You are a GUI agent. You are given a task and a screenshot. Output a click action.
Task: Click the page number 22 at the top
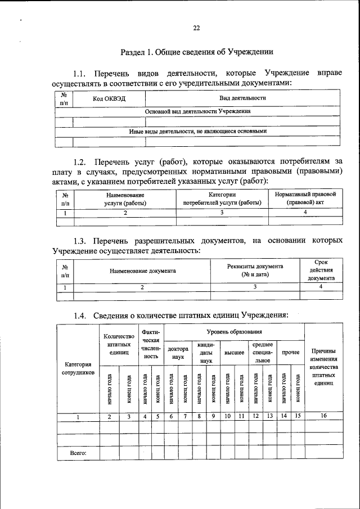(x=196, y=28)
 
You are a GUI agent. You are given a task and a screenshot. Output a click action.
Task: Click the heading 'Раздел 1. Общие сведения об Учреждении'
(x=197, y=52)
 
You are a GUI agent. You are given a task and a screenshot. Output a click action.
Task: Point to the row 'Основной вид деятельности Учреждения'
(x=197, y=111)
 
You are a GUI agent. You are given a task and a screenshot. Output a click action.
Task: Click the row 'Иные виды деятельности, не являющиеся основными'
(x=197, y=131)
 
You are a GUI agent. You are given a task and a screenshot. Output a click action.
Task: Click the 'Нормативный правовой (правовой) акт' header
(x=305, y=199)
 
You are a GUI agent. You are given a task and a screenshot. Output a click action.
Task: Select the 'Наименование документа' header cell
(x=142, y=271)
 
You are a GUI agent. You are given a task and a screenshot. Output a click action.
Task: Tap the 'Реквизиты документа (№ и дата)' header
(x=255, y=270)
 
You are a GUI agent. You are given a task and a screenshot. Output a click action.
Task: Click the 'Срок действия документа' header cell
(x=322, y=270)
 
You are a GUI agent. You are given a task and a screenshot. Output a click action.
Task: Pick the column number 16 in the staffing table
(x=323, y=416)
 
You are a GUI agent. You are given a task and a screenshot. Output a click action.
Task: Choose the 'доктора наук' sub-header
(x=178, y=353)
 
